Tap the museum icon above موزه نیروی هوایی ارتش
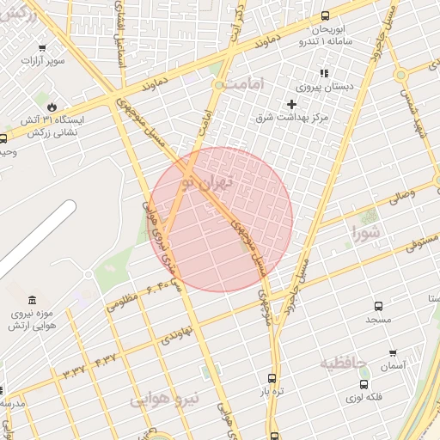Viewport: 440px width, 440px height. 33,299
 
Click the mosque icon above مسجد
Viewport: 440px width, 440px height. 378,306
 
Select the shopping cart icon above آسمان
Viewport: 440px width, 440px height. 393,352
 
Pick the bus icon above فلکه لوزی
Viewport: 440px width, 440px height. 364,384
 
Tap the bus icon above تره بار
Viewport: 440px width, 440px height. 272,378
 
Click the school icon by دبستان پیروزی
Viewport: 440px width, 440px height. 324,73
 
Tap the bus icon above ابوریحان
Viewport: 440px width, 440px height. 325,15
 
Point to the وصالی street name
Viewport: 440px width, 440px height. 400,195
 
